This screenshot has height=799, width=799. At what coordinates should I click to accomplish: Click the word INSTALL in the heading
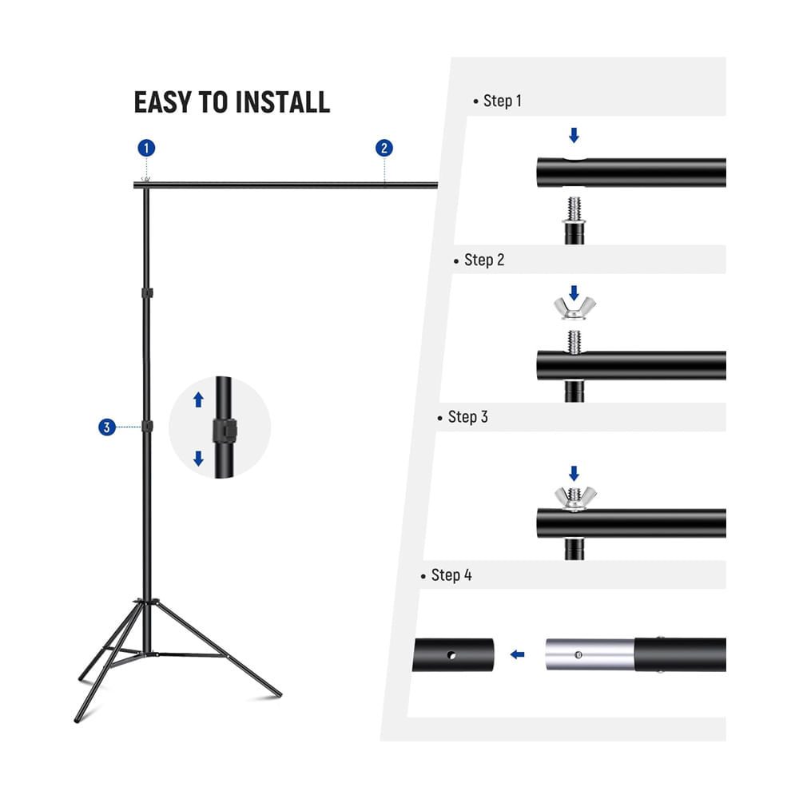283,102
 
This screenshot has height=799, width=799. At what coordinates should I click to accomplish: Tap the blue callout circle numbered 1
146,149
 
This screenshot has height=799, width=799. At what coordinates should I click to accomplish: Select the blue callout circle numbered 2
384,149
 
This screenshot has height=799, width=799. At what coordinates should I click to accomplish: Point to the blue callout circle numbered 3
107,427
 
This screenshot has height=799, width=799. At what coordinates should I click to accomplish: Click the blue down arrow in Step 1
574,135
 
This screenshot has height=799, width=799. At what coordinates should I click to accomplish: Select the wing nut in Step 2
574,308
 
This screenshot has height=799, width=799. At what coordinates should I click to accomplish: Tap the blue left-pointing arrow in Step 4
517,654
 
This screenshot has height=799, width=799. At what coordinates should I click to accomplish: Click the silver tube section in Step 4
590,654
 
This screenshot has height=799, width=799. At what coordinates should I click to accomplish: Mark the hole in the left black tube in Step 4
451,655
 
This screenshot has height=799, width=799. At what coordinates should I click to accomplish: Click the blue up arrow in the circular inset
199,399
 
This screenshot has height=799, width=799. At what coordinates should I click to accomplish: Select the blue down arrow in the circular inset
199,458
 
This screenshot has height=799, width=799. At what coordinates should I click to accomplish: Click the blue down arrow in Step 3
574,473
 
